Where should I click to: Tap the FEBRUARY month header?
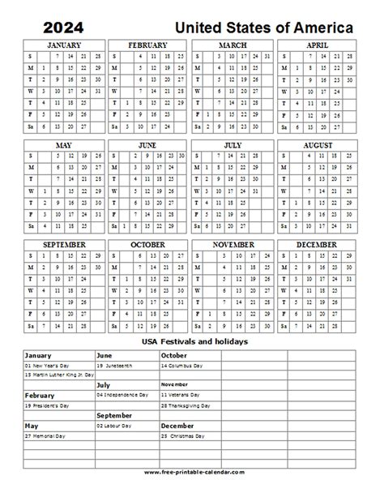tap(149, 46)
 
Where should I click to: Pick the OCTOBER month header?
tap(149, 242)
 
